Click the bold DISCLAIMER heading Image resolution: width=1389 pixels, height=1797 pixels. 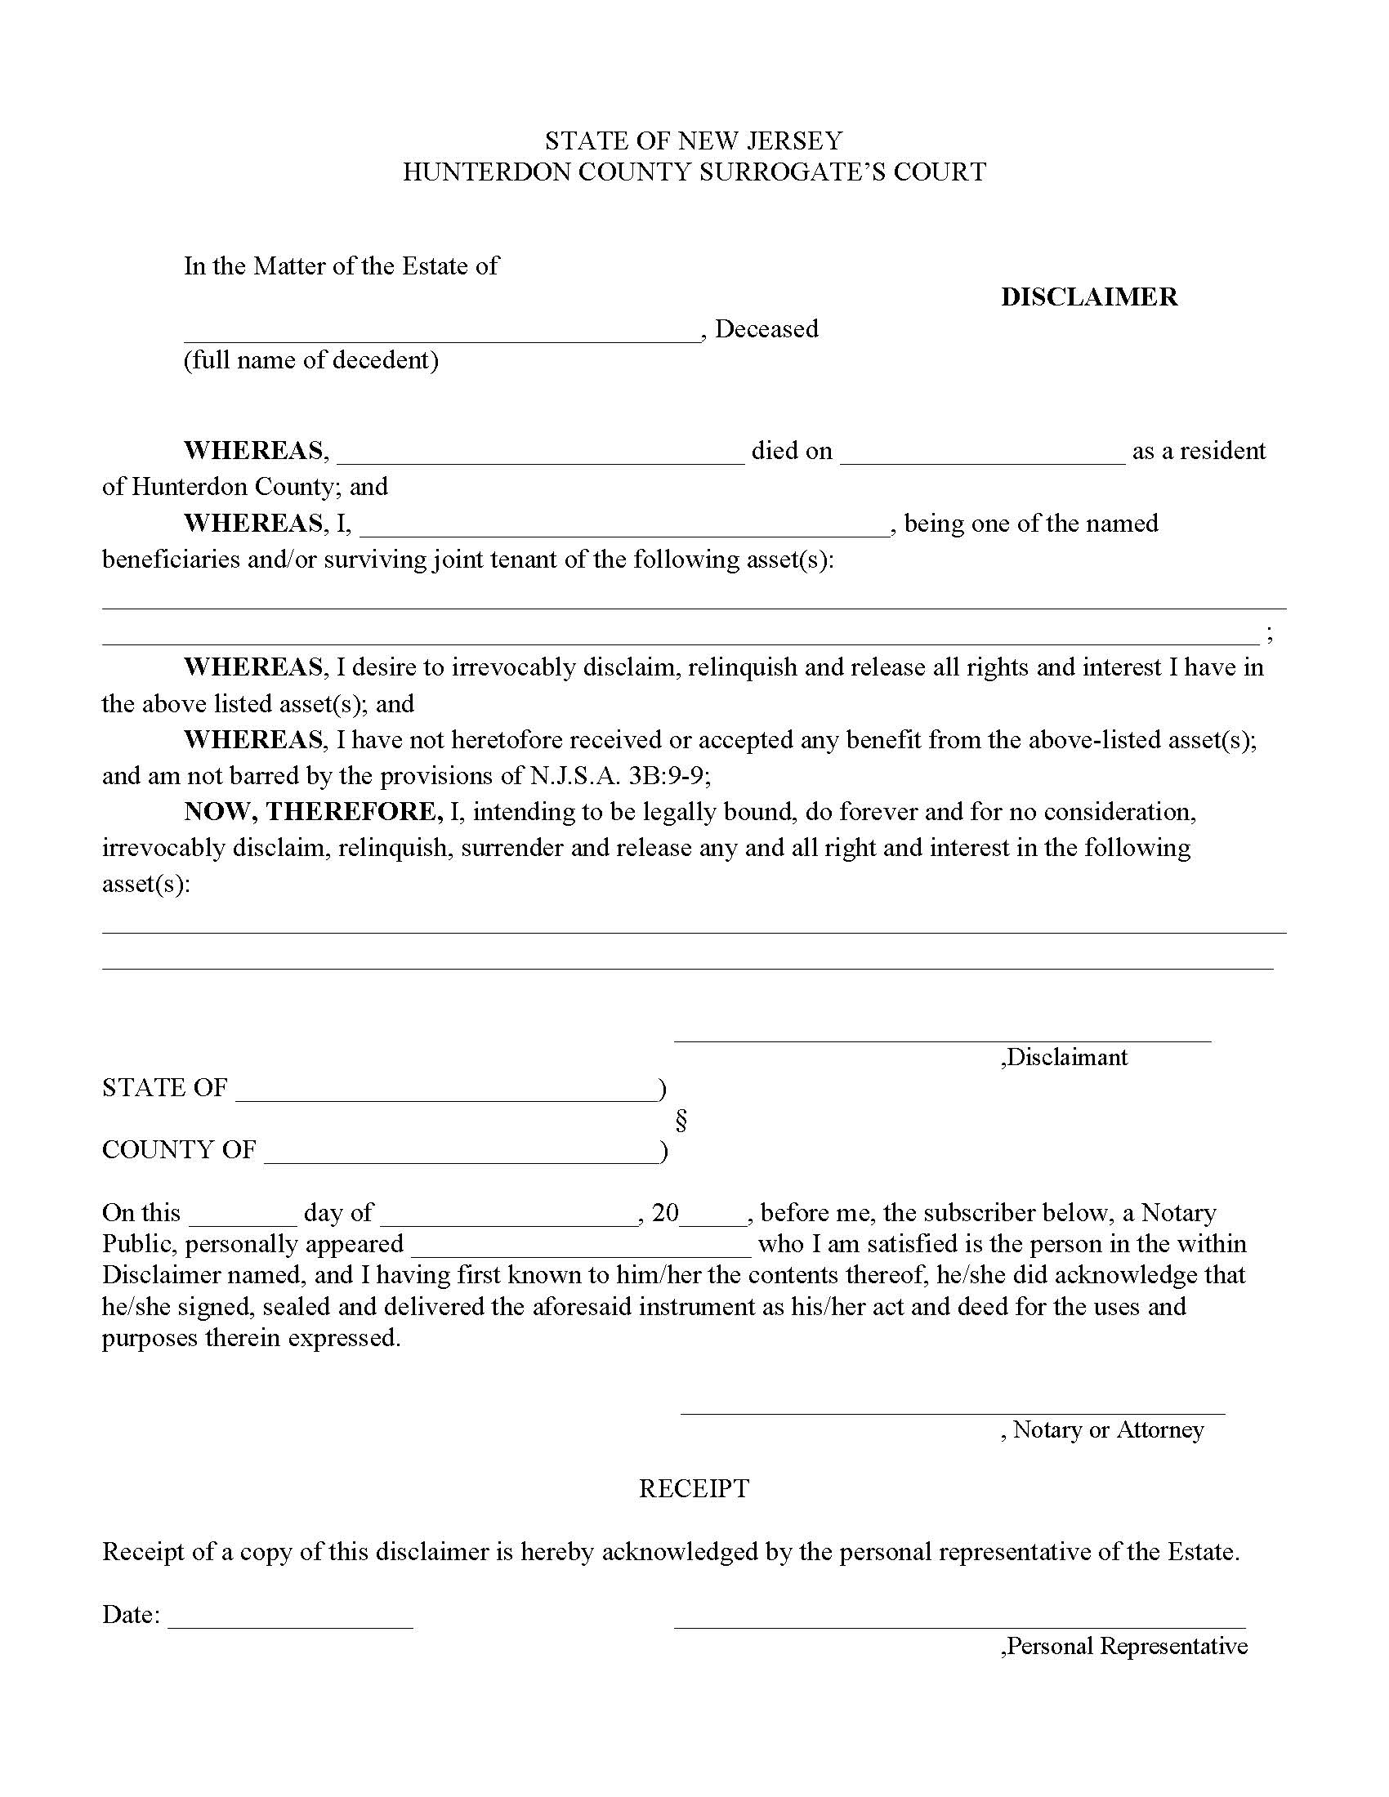(x=1088, y=297)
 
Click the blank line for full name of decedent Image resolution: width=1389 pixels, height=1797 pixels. (x=441, y=333)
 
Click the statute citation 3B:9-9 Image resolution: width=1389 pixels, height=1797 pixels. (x=668, y=776)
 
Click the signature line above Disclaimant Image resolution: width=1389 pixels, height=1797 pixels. (x=942, y=1035)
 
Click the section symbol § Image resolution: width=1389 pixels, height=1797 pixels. (x=681, y=1121)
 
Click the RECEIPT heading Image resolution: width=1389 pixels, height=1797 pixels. (x=694, y=1488)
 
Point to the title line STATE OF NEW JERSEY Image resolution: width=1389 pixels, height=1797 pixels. (x=694, y=140)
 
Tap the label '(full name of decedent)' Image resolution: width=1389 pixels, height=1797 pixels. (x=311, y=360)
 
